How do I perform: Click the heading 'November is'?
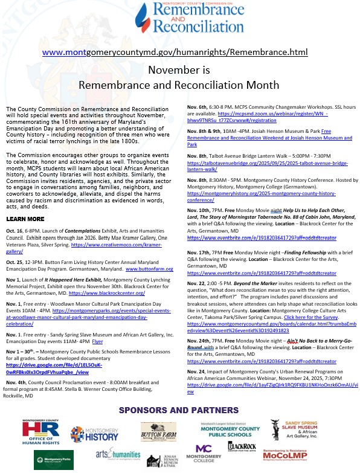179,71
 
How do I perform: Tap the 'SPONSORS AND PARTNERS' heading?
180,411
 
